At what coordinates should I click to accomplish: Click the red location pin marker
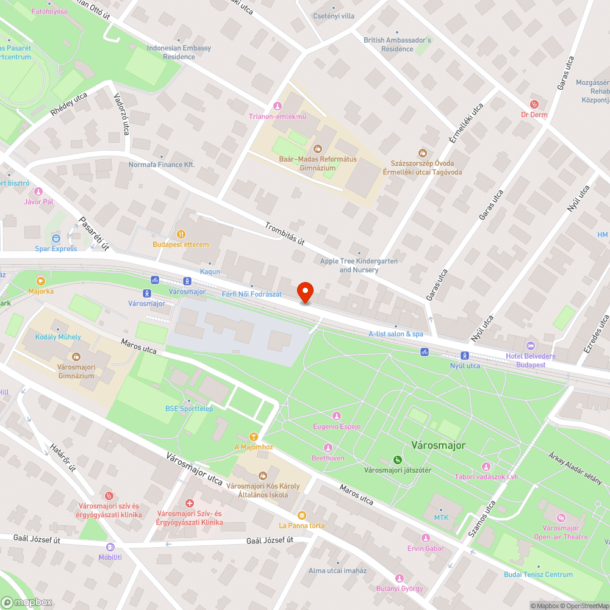tap(305, 293)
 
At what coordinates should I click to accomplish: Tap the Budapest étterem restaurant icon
tap(181, 234)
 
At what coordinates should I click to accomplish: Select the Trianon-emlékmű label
tap(277, 117)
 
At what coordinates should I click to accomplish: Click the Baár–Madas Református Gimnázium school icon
tap(317, 148)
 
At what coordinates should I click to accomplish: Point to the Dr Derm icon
tap(534, 104)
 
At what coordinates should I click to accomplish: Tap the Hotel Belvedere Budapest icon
tap(529, 346)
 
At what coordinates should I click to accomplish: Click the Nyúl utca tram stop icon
tap(465, 356)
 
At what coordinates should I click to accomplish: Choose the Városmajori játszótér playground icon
tap(397, 459)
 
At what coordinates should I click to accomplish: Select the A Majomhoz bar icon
tap(253, 437)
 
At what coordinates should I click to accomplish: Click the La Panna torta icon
tap(301, 515)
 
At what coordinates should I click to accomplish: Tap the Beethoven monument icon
tap(328, 448)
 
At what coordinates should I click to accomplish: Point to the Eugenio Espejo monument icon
tap(336, 416)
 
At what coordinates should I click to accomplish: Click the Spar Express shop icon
tap(56, 238)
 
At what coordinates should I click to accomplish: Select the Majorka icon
tap(41, 281)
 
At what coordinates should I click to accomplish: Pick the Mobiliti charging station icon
tap(110, 547)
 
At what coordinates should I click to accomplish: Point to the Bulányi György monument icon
tap(400, 578)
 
